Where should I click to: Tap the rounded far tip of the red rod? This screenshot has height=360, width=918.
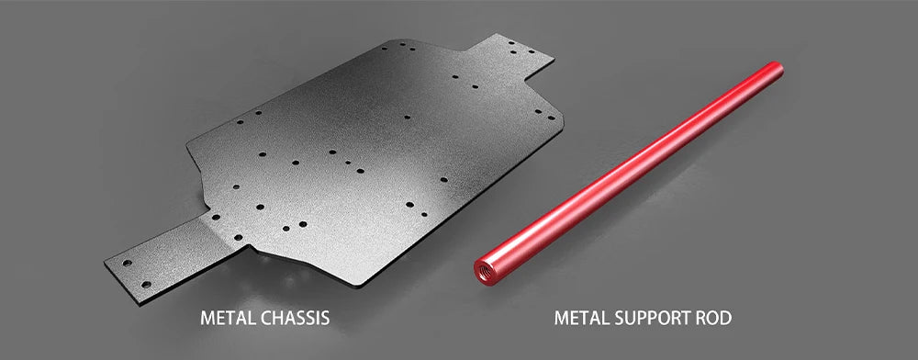(777, 68)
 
